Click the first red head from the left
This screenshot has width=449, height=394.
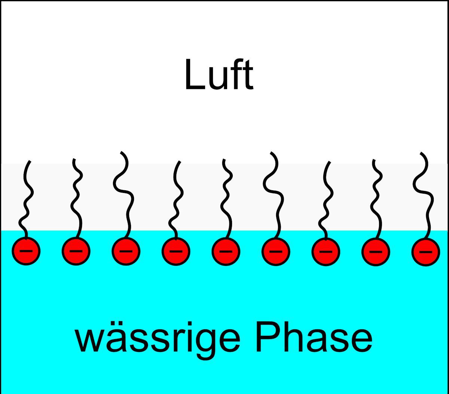[x=26, y=251]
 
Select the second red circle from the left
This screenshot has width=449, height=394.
[x=76, y=251]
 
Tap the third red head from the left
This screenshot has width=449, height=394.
[x=126, y=251]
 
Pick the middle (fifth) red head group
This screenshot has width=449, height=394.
[x=226, y=251]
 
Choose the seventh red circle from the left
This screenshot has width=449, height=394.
[x=326, y=251]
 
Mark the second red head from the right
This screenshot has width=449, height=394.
[x=376, y=251]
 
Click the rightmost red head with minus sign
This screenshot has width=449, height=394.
[x=425, y=251]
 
